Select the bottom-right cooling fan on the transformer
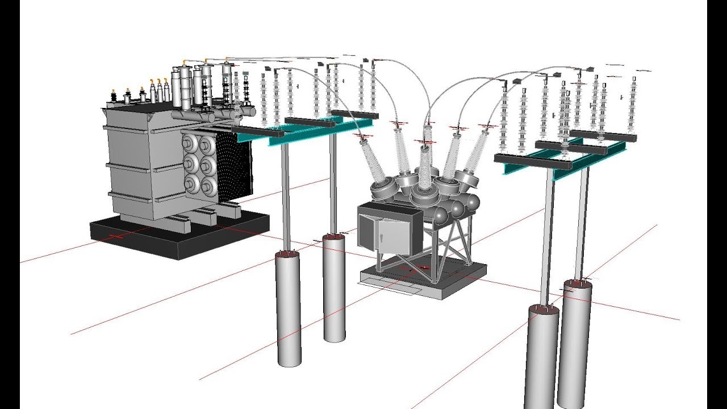pyautogui.click(x=209, y=186)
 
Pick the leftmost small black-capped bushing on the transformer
pyautogui.click(x=113, y=97)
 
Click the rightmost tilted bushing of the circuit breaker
pyautogui.click(x=477, y=151)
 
